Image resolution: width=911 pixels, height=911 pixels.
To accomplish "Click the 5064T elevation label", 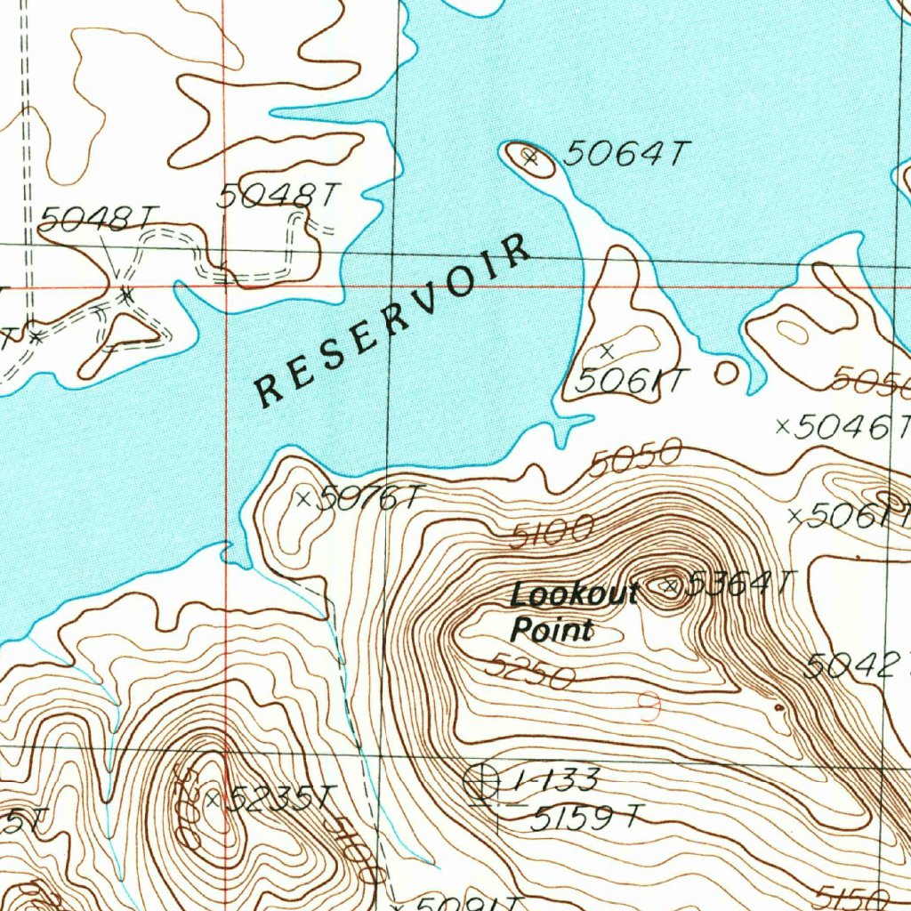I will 626,155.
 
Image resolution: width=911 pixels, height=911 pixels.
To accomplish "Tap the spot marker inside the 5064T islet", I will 530,159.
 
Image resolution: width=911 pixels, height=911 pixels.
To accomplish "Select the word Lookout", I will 575,594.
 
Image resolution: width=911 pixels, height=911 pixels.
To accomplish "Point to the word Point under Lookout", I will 552,631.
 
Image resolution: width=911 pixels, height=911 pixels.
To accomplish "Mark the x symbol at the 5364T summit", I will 671,585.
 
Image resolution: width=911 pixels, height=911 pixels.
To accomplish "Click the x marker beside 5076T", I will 302,498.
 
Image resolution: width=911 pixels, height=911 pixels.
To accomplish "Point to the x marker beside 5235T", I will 212,800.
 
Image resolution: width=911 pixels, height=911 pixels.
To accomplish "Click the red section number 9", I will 650,707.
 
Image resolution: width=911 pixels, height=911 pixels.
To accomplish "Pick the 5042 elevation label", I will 854,665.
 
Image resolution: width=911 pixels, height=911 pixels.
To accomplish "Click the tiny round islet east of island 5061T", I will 727,372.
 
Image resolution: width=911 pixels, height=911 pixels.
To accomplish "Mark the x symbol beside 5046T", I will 783,427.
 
